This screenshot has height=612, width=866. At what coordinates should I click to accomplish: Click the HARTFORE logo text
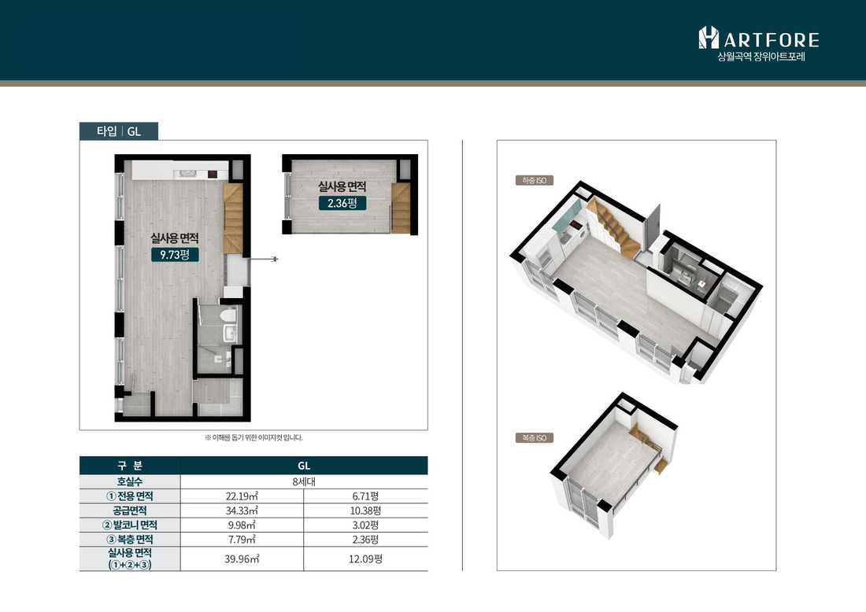pyautogui.click(x=759, y=38)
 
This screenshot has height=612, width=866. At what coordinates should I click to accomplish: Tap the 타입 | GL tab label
pyautogui.click(x=119, y=131)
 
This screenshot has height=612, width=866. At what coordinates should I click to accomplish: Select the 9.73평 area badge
pyautogui.click(x=175, y=254)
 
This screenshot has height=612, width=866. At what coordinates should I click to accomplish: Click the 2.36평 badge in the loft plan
pyautogui.click(x=342, y=203)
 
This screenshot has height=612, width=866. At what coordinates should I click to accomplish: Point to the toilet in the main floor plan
pyautogui.click(x=228, y=315)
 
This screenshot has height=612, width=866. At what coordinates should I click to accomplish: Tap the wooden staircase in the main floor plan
pyautogui.click(x=233, y=219)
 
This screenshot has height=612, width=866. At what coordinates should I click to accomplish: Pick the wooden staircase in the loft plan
pyautogui.click(x=401, y=208)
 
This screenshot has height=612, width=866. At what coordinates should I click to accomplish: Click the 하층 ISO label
pyautogui.click(x=534, y=180)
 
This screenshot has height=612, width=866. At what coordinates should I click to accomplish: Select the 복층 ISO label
pyautogui.click(x=534, y=437)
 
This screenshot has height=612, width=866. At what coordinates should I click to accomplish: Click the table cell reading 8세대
pyautogui.click(x=304, y=481)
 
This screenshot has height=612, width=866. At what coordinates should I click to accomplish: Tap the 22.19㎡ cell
pyautogui.click(x=242, y=496)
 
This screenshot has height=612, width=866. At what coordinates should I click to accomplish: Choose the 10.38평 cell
pyautogui.click(x=365, y=511)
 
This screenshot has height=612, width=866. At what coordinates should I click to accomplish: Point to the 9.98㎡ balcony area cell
pyautogui.click(x=242, y=525)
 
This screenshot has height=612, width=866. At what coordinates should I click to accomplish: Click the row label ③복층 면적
pyautogui.click(x=130, y=539)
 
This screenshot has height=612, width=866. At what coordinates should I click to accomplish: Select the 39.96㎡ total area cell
pyautogui.click(x=242, y=559)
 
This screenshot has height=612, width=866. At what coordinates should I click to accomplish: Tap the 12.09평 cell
pyautogui.click(x=365, y=559)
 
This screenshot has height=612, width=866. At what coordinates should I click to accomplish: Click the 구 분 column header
pyautogui.click(x=130, y=465)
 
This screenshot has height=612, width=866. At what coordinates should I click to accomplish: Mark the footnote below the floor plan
pyautogui.click(x=254, y=437)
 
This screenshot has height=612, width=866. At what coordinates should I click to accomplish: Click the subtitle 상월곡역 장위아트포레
pyautogui.click(x=761, y=57)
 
